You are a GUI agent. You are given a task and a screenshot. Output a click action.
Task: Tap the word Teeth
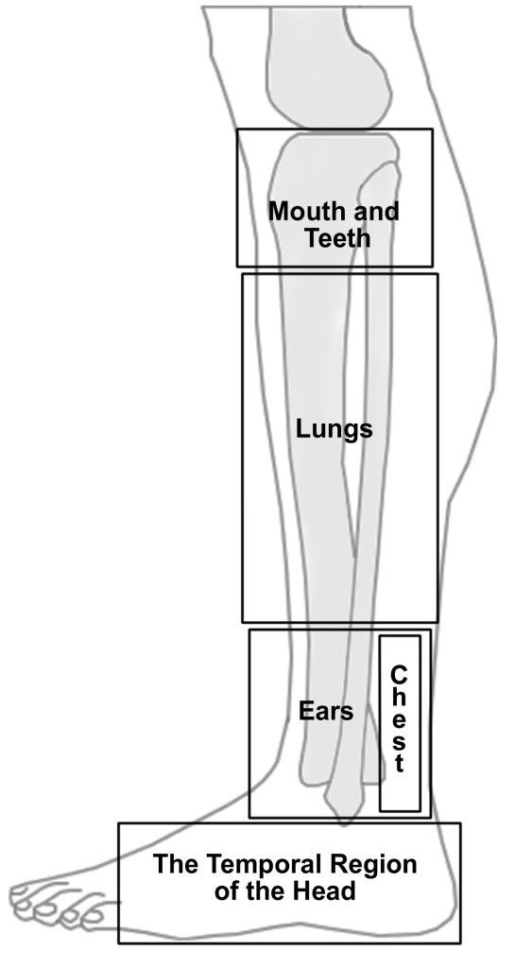pos(337,238)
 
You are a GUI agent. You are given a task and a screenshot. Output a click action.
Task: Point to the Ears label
pos(326,711)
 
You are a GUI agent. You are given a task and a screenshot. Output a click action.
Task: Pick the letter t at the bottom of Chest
pos(400,764)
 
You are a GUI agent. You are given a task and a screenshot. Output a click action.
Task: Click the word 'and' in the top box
pos(375,212)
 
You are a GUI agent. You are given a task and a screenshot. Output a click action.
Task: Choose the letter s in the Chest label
pos(400,742)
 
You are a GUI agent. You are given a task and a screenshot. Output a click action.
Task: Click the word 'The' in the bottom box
pos(176,864)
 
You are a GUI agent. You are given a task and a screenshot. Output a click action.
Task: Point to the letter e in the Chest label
pos(400,719)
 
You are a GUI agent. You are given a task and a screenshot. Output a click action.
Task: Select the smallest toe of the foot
pos(94,917)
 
